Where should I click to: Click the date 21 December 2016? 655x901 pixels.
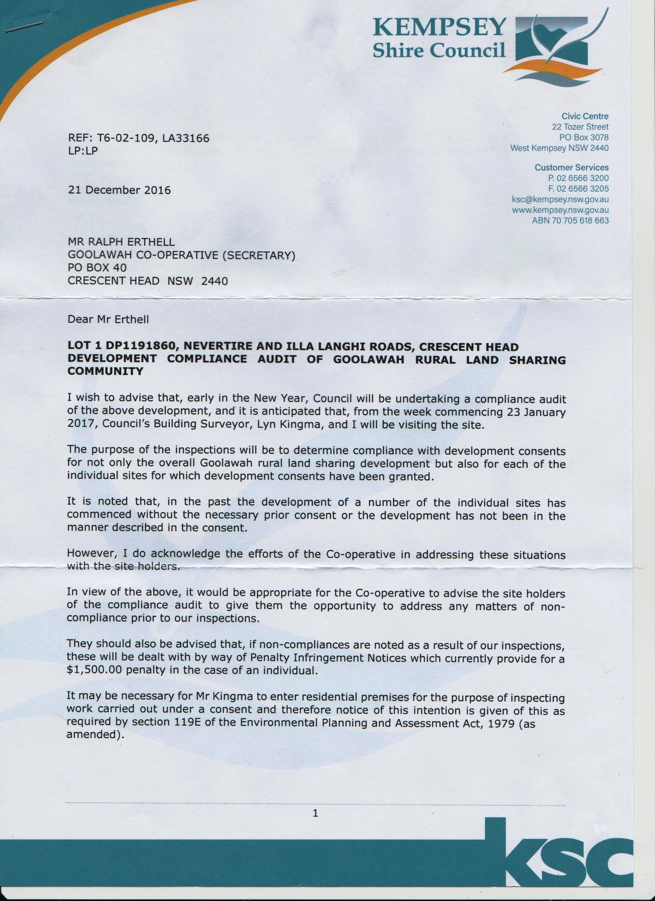(x=119, y=190)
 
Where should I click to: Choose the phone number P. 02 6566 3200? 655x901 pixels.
(x=577, y=178)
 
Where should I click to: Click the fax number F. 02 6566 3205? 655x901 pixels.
(x=577, y=189)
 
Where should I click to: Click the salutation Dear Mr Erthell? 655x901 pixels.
(x=108, y=319)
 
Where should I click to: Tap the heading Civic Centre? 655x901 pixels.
(x=585, y=116)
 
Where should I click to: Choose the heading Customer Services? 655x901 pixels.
(x=572, y=168)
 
